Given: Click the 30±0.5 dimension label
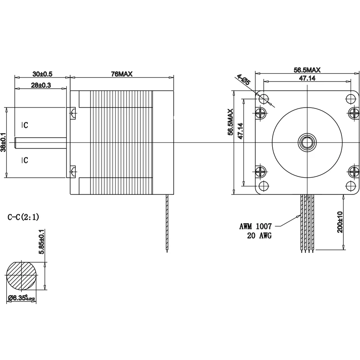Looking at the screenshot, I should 42,73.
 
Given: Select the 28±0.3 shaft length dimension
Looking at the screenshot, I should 41,85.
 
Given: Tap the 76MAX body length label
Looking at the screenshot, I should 121,74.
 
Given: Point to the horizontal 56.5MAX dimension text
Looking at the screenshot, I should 307,70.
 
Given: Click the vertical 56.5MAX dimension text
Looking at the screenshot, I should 230,122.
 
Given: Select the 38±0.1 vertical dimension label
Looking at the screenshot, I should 4,142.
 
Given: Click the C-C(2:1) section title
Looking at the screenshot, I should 23,217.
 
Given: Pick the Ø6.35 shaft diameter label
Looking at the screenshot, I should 25,297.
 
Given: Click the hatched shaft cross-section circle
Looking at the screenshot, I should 22,275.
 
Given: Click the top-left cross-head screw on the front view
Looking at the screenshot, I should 261,112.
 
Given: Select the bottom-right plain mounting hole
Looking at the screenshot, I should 351,186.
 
